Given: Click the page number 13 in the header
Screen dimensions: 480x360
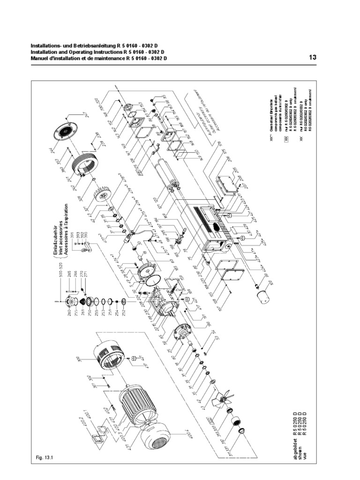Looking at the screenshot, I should [x=313, y=57].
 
